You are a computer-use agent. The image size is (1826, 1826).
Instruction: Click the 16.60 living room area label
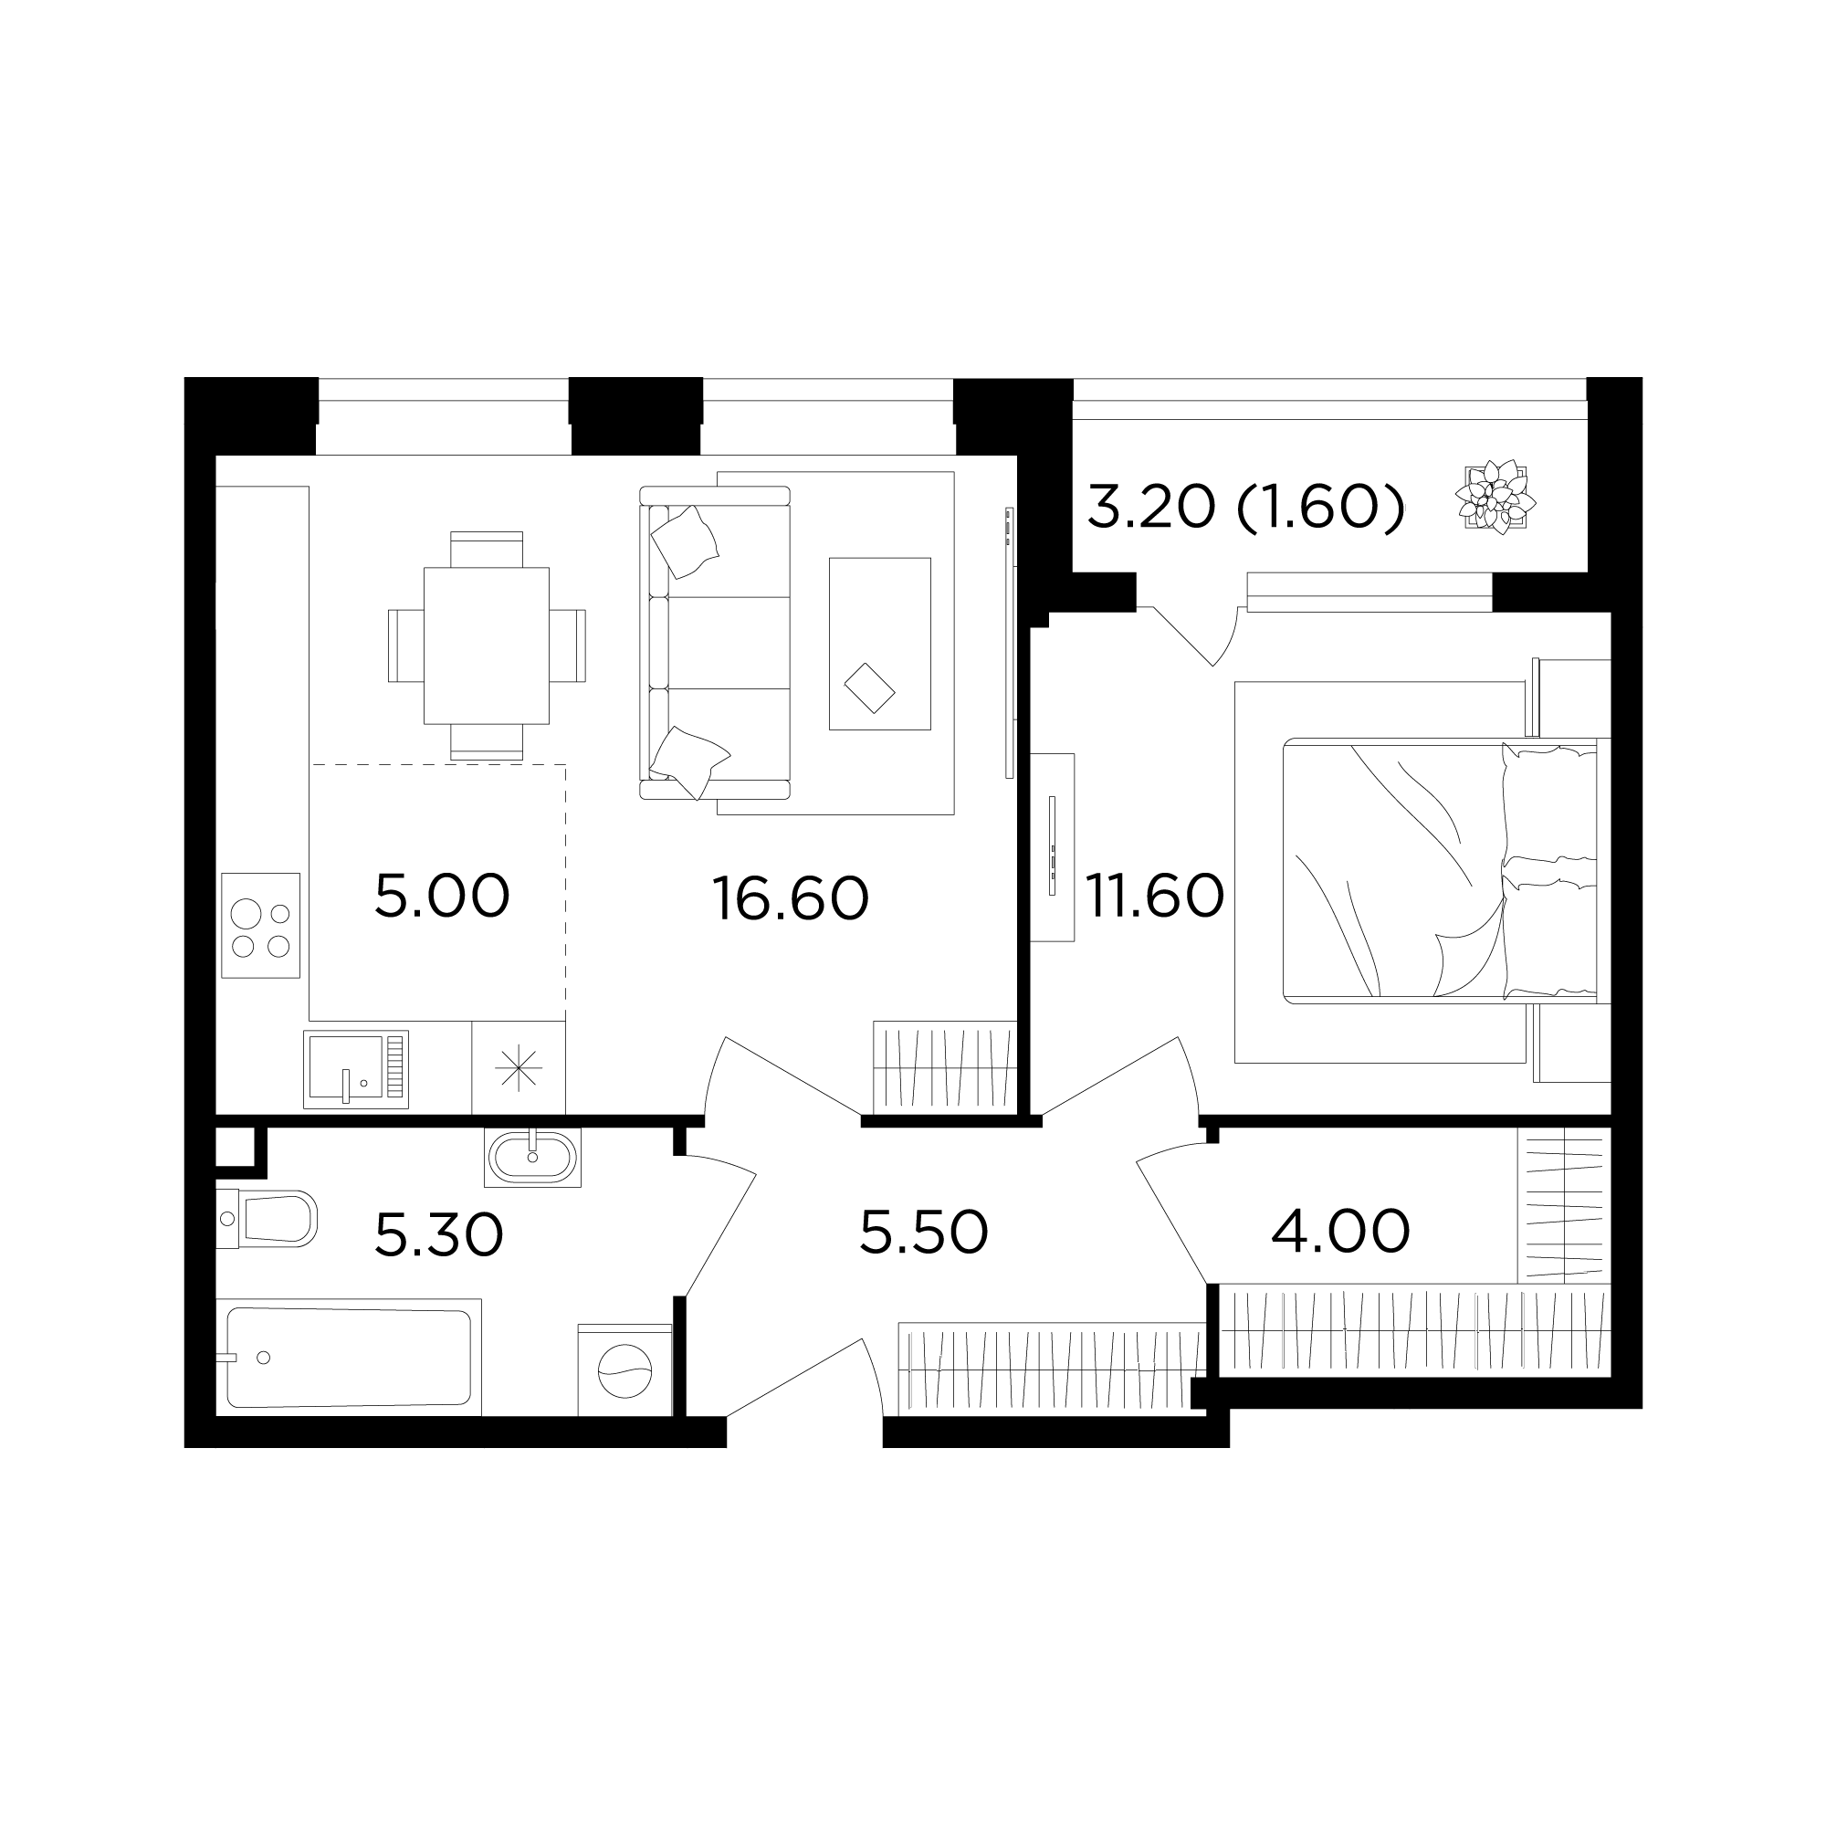coord(790,897)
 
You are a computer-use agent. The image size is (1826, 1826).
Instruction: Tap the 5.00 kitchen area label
coord(442,896)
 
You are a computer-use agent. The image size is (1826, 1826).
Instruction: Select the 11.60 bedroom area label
coord(1155,896)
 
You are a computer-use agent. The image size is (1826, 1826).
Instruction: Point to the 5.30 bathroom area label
coord(439,1235)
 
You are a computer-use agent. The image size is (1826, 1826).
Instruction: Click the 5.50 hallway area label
coord(924,1233)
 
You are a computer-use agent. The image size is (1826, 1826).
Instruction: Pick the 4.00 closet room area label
coord(1340,1232)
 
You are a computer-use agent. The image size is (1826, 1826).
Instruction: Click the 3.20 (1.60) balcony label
coord(1245,508)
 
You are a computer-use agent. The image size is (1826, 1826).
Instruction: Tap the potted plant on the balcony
coord(1495,496)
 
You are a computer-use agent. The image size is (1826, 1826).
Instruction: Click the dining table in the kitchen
coord(486,645)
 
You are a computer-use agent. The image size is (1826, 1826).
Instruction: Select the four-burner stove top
coord(261,925)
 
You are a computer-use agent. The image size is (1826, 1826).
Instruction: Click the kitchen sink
coord(355,1069)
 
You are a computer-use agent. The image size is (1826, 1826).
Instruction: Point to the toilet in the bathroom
coord(266,1219)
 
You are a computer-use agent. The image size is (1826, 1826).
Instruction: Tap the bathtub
coord(349,1358)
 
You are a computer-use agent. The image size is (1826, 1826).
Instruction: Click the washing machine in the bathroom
coord(624,1369)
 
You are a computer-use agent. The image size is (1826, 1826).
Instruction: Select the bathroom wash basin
coord(533,1157)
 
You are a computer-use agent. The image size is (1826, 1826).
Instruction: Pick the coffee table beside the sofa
coord(880,644)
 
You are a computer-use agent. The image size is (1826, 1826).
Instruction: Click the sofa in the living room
coord(715,643)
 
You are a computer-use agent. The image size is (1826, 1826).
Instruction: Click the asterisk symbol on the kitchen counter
coord(519,1069)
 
